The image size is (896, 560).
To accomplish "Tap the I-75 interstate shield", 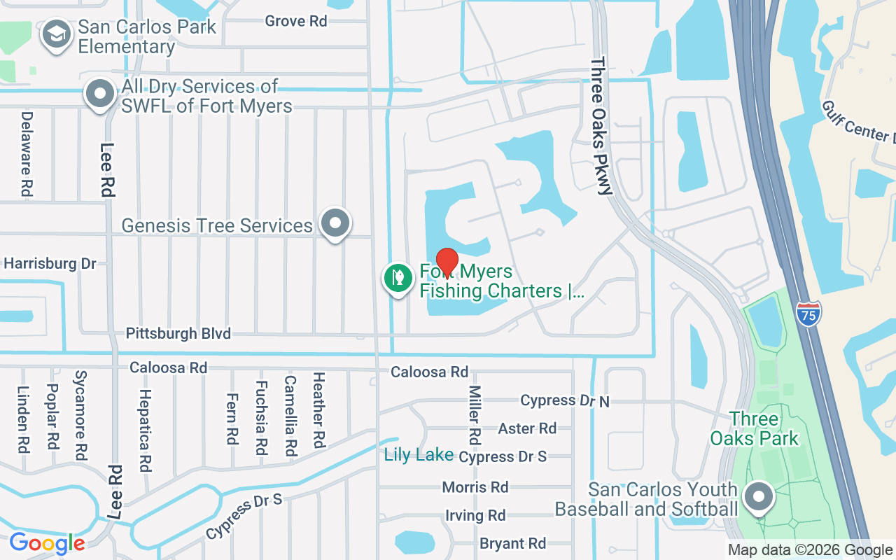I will point(808,311).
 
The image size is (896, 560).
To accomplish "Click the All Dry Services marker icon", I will point(100,94).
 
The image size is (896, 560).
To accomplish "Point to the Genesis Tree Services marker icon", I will point(335,223).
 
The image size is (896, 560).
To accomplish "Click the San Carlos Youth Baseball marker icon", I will point(757,498).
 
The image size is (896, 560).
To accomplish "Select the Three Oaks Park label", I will point(754,429).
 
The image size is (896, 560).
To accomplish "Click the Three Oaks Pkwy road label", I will point(601,126).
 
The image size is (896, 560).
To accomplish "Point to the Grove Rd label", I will point(296,21).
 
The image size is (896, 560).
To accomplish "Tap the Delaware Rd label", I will point(27,153).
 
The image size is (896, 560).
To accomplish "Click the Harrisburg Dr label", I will point(50,264).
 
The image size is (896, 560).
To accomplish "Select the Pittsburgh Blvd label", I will point(178,333).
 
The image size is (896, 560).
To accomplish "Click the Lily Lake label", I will point(419,455).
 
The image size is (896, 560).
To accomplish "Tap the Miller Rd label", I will point(475,415).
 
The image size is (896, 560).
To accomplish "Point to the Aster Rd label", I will point(527,428).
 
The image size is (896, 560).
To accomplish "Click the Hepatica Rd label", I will point(146,430).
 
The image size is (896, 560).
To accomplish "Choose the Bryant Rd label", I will point(512,543).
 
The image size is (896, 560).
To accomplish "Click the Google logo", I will point(47,543).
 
